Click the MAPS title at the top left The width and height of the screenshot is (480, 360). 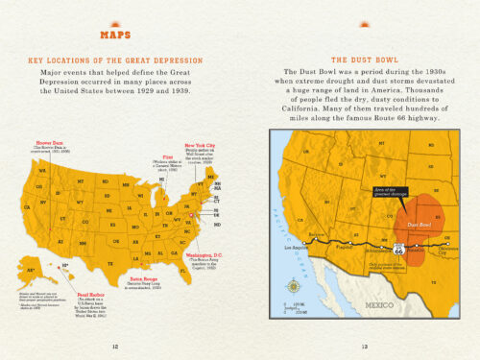pos(115,37)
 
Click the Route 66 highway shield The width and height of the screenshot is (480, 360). pos(372,248)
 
